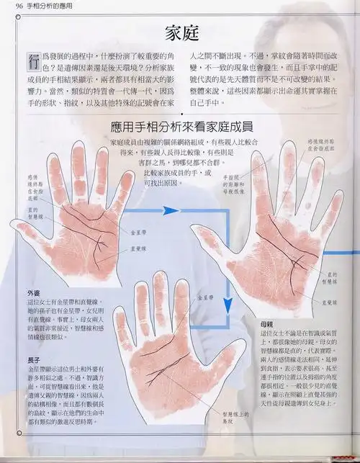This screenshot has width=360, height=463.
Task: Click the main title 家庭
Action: tap(180, 32)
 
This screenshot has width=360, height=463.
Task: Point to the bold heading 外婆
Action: tap(34, 292)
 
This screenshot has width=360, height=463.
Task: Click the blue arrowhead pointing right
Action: tap(170, 210)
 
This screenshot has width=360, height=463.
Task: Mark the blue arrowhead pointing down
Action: tap(227, 302)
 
